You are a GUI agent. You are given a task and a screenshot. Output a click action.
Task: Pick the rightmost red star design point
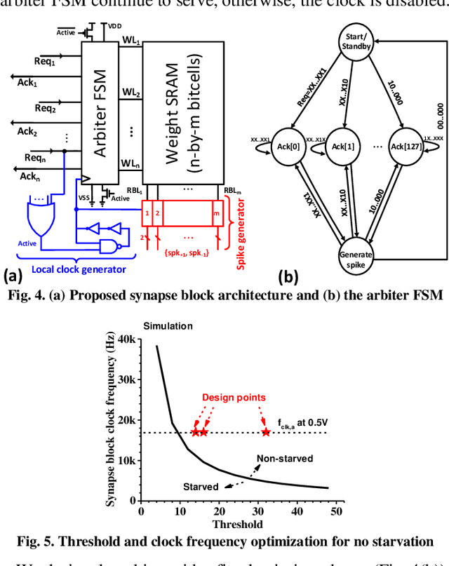pos(266,432)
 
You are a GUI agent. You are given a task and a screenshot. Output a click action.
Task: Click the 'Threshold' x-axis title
pos(239,525)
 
